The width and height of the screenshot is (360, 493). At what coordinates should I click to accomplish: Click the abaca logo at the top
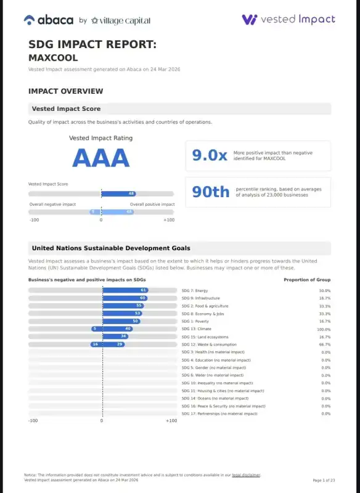coord(49,20)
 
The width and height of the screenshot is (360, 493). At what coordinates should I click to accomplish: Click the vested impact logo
coord(288,19)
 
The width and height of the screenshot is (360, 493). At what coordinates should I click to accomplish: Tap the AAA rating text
coord(100,158)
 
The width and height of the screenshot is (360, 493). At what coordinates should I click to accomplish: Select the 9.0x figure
coord(210,156)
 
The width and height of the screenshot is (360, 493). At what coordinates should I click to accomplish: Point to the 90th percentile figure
coord(210,192)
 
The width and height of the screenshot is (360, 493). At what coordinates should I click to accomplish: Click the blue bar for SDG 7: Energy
coord(125,290)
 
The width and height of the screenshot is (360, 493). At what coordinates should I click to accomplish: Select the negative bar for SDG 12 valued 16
coord(96,344)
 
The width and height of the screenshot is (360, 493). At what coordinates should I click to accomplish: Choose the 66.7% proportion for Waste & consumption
coord(324,344)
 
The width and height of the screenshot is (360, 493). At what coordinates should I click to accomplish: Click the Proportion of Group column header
coord(307,280)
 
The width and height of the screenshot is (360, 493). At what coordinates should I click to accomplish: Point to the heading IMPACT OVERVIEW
coord(65,91)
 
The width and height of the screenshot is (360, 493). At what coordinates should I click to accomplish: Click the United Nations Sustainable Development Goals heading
coord(111,248)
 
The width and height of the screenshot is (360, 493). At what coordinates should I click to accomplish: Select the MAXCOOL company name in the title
coord(53,57)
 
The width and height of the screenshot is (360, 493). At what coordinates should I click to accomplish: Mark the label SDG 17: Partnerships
coord(219,414)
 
